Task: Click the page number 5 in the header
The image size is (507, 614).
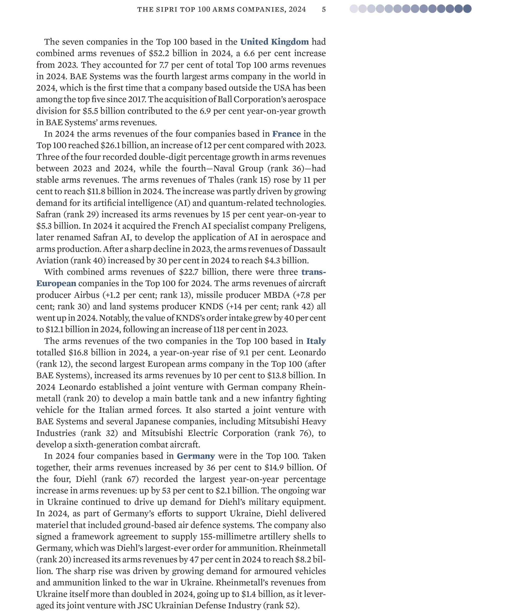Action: pyautogui.click(x=324, y=9)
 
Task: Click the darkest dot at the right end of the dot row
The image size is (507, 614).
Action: pyautogui.click(x=467, y=9)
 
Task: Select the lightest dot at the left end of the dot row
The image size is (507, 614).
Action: pyautogui.click(x=354, y=9)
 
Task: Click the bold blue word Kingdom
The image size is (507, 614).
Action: pyautogui.click(x=290, y=42)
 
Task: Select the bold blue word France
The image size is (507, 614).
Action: pyautogui.click(x=286, y=134)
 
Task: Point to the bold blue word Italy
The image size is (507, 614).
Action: pyautogui.click(x=316, y=341)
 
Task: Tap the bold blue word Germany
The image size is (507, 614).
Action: pyautogui.click(x=196, y=456)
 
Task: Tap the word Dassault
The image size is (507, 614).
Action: pyautogui.click(x=309, y=249)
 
